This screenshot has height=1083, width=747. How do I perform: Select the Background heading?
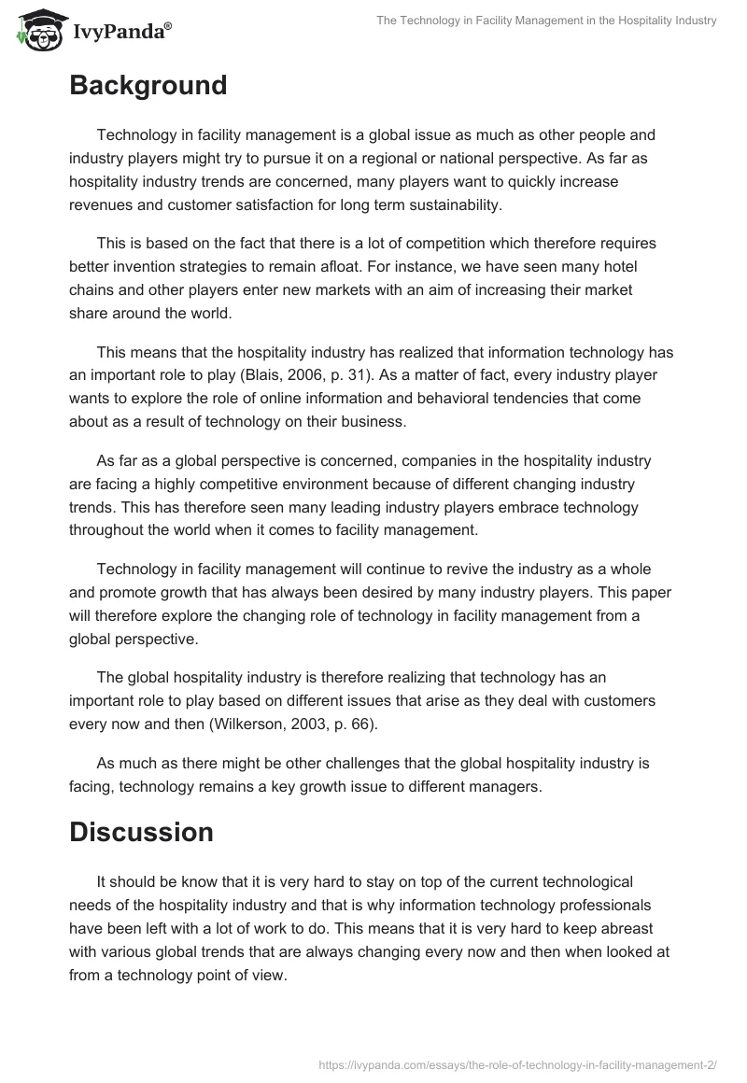coord(148,86)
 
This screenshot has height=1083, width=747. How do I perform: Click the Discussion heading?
coord(141,832)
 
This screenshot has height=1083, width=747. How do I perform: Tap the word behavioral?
coord(493,399)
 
